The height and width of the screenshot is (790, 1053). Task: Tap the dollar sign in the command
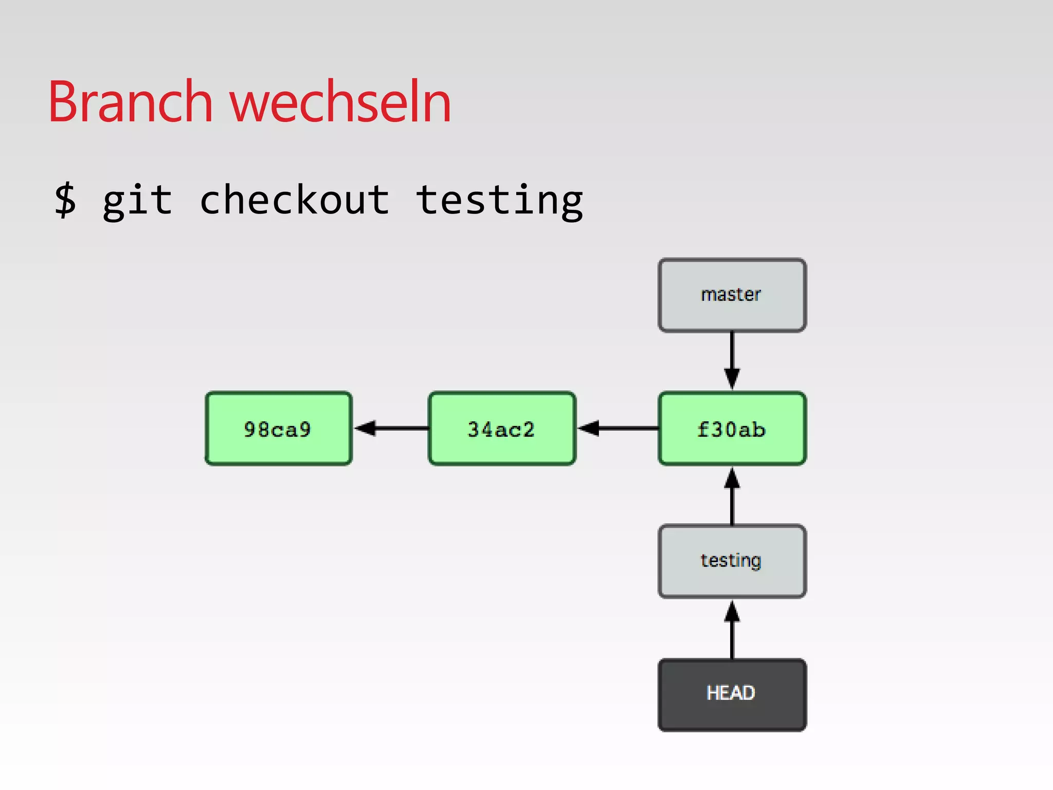[66, 201]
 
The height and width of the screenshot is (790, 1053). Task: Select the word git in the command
[137, 201]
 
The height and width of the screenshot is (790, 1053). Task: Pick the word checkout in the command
[294, 201]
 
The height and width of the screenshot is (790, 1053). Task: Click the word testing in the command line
[499, 201]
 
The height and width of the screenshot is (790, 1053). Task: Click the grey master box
[732, 295]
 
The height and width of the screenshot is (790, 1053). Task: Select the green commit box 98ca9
[278, 429]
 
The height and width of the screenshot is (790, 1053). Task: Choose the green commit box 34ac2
[502, 429]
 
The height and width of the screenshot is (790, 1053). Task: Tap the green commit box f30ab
[732, 429]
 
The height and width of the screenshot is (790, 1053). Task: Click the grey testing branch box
[732, 561]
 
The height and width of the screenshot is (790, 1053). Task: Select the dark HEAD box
[732, 694]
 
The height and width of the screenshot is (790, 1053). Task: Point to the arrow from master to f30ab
[732, 357]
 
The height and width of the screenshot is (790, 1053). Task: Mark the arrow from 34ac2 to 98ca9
[393, 428]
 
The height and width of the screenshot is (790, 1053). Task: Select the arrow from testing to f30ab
[732, 499]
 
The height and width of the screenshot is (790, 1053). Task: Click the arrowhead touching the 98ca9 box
[365, 428]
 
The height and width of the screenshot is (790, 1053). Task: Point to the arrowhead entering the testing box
[732, 612]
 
